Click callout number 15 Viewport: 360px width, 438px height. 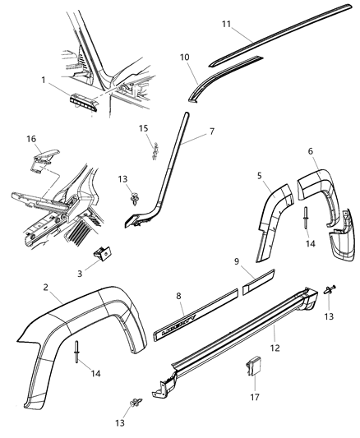(142, 128)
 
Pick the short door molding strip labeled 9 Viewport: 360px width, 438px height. (260, 288)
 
